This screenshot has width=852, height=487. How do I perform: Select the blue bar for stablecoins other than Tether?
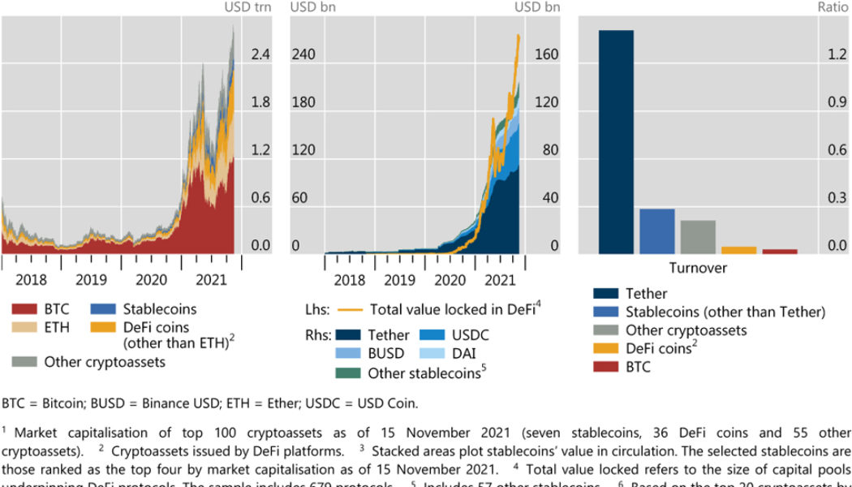[x=657, y=231]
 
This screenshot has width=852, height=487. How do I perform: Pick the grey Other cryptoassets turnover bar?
[x=698, y=237]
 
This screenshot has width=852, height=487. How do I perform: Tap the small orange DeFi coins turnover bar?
[x=738, y=250]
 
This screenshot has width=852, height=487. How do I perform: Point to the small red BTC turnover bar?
[x=780, y=252]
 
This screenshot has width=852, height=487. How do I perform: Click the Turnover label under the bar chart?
[x=698, y=268]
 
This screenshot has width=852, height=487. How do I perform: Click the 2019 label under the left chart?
[x=92, y=280]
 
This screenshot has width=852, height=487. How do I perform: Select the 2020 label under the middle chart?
[x=445, y=280]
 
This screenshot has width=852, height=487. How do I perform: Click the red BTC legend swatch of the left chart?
[x=23, y=309]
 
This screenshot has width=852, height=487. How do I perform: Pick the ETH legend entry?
[x=57, y=327]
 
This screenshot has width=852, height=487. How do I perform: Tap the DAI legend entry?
[x=471, y=354]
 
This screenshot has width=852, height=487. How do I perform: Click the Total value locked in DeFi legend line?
[x=349, y=309]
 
